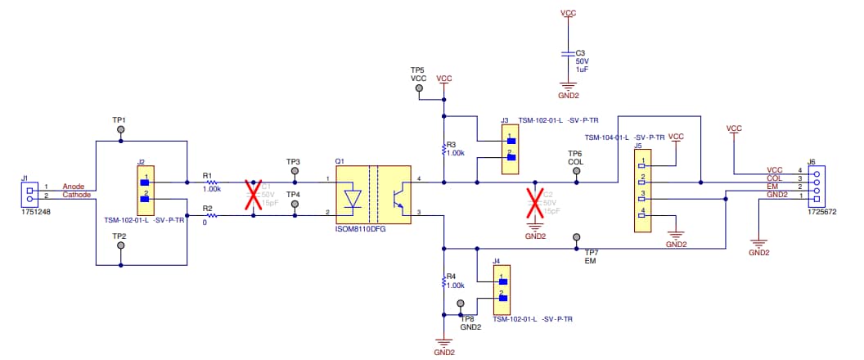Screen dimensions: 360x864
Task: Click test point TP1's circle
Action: pos(121,130)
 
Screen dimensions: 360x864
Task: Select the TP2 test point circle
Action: pos(121,246)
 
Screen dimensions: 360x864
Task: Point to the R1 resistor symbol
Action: pos(212,182)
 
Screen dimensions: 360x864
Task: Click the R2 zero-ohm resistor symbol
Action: pos(212,215)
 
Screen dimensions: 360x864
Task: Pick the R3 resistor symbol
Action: pos(443,148)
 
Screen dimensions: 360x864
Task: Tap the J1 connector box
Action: pos(30,193)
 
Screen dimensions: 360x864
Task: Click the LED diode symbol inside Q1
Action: pos(353,199)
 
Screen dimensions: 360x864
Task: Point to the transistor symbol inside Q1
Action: pos(398,199)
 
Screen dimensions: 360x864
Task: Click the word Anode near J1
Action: pos(74,187)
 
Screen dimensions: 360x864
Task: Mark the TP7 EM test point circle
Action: pos(576,236)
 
